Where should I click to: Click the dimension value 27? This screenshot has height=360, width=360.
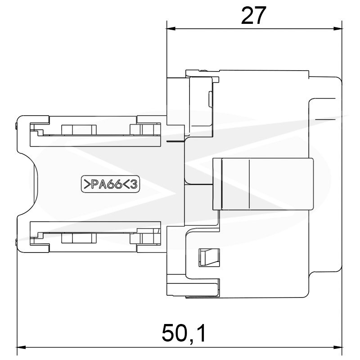coord(253,15)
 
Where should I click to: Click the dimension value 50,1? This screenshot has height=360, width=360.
coord(184,333)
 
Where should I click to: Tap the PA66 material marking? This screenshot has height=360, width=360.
coord(106,184)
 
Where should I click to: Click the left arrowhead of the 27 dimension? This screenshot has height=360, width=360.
coord(171,29)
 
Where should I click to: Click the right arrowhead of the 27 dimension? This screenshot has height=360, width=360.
coord(338,29)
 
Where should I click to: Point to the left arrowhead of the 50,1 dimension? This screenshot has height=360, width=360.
coord(22,347)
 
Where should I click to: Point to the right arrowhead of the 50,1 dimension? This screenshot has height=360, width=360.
coord(338,347)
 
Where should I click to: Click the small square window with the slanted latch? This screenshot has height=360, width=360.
coord(209,257)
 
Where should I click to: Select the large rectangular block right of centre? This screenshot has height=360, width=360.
coord(263,184)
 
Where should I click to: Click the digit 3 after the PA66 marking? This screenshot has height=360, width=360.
coord(134,184)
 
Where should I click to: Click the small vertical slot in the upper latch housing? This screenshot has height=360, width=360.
coord(210,99)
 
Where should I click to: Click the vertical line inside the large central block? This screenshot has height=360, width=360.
coord(249,184)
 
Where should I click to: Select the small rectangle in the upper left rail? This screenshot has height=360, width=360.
coord(79,130)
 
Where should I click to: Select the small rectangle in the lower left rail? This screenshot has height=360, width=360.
coord(79,238)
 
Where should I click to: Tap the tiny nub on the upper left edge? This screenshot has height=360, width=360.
coord(16,126)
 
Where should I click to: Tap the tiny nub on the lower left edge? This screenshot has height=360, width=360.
coord(16,242)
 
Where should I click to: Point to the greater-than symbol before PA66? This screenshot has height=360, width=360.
coord(87,184)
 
